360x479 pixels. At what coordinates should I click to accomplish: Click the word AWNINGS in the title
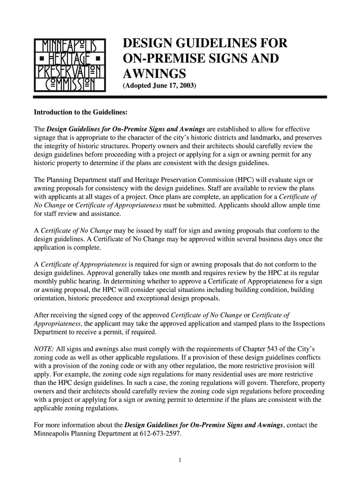pyautogui.click(x=154, y=74)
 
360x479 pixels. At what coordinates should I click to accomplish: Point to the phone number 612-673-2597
pyautogui.click(x=159, y=433)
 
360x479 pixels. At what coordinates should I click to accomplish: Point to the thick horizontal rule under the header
pyautogui.click(x=180, y=96)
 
